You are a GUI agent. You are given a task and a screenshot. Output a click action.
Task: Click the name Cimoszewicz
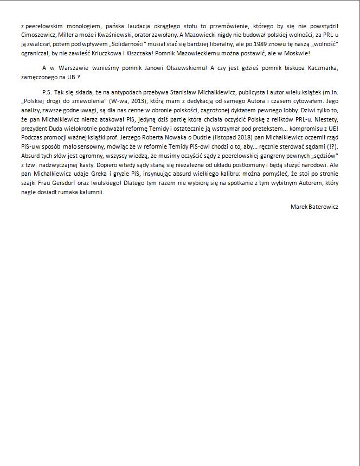[37, 35]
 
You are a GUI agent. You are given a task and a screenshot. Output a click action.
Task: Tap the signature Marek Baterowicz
[314, 207]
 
